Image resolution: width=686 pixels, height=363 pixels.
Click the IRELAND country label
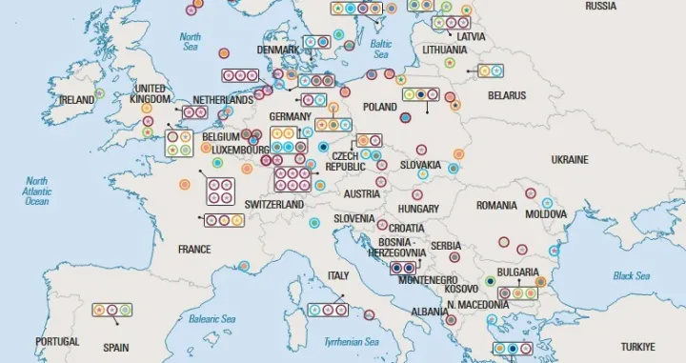pos(76,99)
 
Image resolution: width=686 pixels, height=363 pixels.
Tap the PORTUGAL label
pos(57,340)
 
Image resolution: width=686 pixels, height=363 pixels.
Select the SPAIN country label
pos(115,348)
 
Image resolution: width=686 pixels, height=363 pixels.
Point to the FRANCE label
pos(194,250)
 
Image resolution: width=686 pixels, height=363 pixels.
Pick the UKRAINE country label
pos(570,158)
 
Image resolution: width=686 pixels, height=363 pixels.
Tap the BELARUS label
pos(507,95)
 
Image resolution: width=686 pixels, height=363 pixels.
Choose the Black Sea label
pos(630,275)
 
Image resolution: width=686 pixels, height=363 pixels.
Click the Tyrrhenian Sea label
pos(352,341)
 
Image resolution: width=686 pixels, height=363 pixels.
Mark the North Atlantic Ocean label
pos(37,191)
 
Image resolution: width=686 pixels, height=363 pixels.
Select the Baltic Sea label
pos(381,49)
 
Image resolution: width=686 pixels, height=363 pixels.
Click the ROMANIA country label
pos(496,205)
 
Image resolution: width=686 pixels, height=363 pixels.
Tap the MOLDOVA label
pos(546,214)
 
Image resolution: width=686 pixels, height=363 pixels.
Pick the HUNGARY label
pos(418,208)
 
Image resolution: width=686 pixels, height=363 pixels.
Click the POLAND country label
pos(379,108)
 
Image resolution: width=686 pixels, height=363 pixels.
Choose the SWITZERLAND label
pos(273,205)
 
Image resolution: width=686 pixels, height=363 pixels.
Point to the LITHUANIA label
pos(444,50)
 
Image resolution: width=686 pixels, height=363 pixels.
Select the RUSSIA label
pos(600,6)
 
